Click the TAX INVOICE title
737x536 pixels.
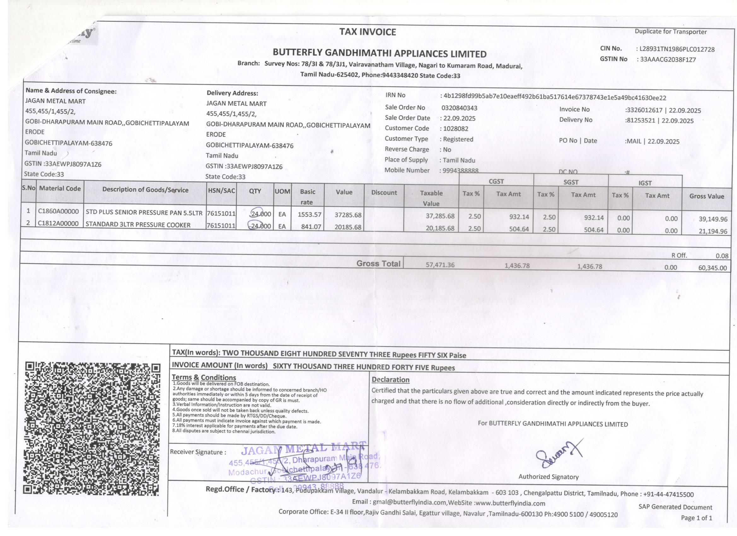click(368, 32)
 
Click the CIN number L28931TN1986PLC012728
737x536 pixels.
click(677, 50)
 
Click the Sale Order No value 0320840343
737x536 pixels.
click(459, 108)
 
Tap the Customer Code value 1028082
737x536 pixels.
click(456, 129)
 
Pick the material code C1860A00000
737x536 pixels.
click(59, 212)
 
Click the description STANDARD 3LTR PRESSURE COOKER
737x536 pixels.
click(138, 225)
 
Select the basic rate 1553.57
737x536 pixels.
click(309, 214)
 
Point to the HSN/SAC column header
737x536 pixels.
click(221, 191)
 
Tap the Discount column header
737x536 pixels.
click(384, 192)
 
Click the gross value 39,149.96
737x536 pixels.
click(713, 219)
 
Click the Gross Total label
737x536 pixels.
click(378, 264)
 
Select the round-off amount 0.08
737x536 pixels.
click(722, 256)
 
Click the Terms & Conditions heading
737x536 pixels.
click(204, 377)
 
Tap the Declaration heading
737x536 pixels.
click(390, 380)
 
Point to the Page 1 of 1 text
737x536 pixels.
click(696, 518)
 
